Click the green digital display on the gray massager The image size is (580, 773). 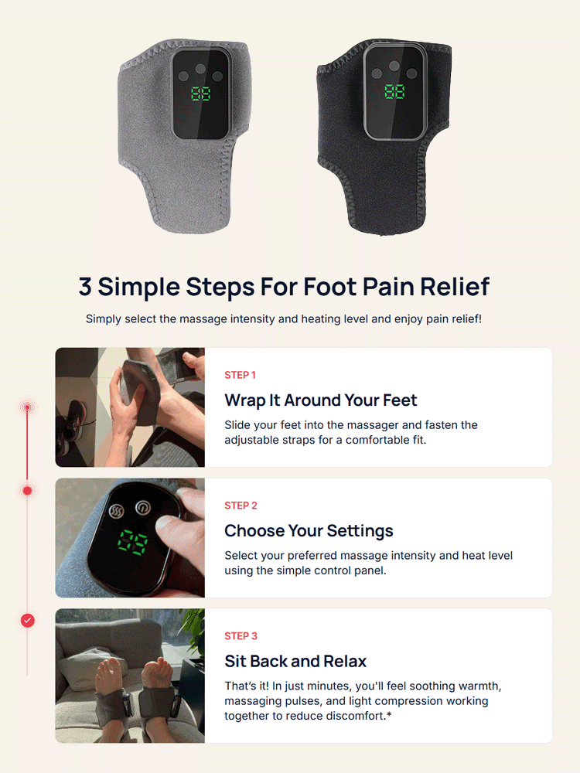point(201,94)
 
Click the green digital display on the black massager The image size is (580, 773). point(394,92)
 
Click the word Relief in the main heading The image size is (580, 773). point(455,286)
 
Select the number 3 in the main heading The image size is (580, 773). point(85,286)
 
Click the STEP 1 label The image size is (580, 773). point(241,375)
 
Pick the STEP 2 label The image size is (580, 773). point(241,506)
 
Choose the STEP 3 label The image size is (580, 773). point(241,636)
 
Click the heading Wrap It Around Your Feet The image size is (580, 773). point(320,400)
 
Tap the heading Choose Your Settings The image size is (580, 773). point(309,531)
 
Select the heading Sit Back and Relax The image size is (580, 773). point(295,662)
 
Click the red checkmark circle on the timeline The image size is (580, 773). point(28,621)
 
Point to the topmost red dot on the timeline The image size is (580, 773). point(28,407)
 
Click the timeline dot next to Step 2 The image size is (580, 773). point(28,491)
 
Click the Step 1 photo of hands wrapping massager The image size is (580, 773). point(130,407)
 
